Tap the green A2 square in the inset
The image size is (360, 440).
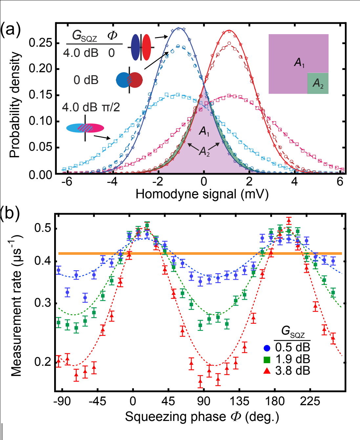(x=318, y=83)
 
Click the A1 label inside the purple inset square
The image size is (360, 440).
(x=299, y=62)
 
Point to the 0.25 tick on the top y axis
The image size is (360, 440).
(x=40, y=43)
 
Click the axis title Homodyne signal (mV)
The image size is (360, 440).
(x=202, y=194)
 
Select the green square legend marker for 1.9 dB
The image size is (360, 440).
(x=267, y=360)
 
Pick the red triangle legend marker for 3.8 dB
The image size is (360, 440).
(x=267, y=371)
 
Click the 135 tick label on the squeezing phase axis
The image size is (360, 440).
(x=239, y=401)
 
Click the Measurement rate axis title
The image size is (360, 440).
(x=16, y=305)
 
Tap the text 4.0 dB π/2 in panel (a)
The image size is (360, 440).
(x=91, y=107)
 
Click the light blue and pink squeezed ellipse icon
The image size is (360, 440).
(x=85, y=128)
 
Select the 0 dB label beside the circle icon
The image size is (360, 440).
(x=86, y=80)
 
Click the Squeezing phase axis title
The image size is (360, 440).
(x=202, y=417)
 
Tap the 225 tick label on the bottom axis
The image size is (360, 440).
(x=310, y=401)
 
